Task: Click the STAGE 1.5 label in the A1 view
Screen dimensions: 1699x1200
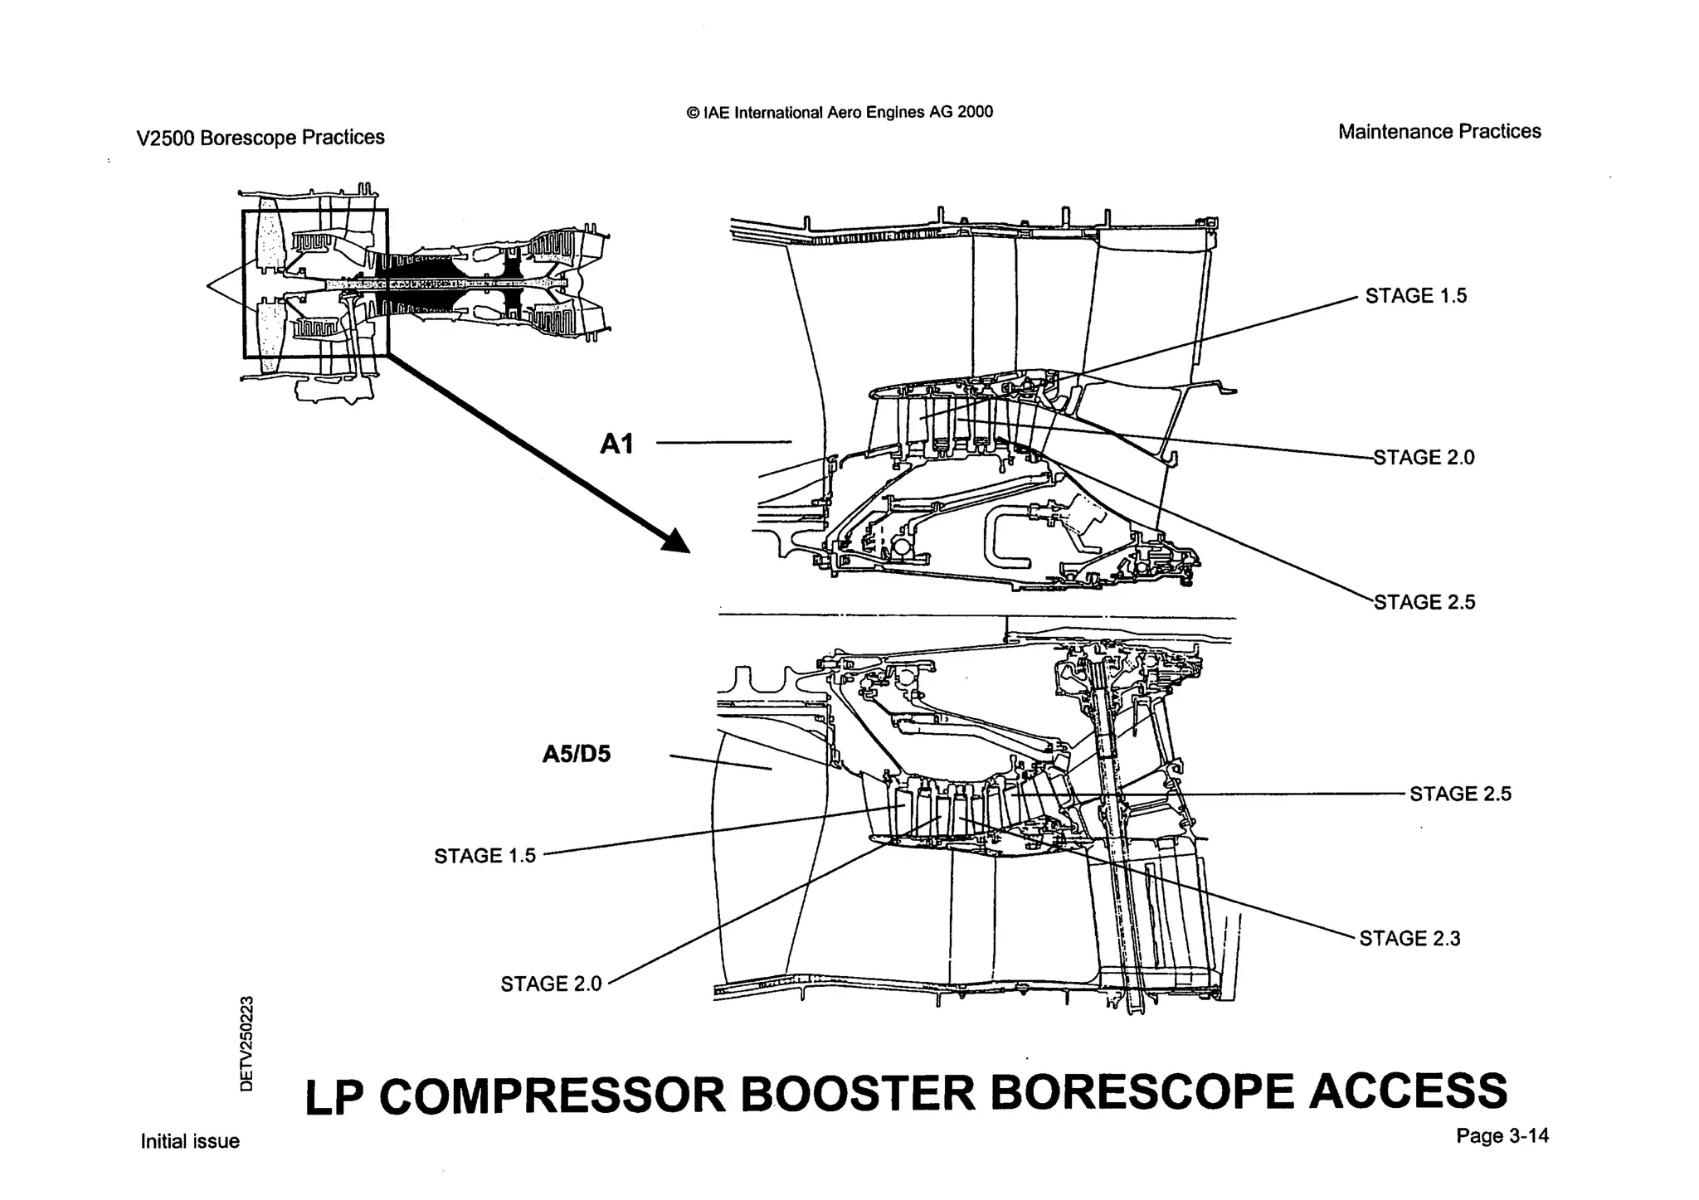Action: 1416,296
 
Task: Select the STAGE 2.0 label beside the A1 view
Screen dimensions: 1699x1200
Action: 1424,458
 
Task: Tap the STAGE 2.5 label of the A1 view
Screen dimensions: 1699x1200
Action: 1424,602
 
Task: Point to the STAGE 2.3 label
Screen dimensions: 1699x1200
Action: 1409,939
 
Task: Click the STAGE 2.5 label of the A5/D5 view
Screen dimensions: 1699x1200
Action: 1461,794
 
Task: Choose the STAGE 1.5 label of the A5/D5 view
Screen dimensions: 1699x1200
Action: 485,856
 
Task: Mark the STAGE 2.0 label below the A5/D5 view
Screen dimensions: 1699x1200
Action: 551,984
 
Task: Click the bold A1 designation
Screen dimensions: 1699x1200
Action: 616,445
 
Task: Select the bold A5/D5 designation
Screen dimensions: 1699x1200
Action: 577,755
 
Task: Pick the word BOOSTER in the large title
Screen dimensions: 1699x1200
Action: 858,1094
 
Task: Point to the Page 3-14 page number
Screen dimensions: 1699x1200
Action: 1502,1136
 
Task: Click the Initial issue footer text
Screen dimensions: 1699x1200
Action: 190,1142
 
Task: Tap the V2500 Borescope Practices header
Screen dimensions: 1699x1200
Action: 260,138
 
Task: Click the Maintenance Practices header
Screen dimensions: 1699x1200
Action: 1439,132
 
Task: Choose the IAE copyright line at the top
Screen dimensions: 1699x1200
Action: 840,113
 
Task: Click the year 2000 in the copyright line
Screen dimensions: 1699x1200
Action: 975,112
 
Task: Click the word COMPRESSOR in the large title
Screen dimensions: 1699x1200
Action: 553,1096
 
